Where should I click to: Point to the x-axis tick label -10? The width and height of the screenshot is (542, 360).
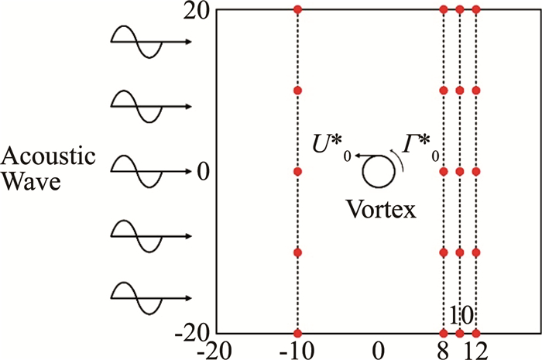tap(297, 350)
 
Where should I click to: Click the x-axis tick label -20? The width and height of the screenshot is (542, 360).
tap(216, 350)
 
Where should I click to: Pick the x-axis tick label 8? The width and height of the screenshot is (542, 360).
tap(443, 350)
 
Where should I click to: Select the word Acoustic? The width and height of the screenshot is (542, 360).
tap(48, 157)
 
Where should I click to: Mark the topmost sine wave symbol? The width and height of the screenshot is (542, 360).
tap(137, 41)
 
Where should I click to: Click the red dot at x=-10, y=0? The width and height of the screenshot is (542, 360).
tap(297, 171)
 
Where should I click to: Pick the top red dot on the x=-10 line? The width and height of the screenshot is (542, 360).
tap(297, 9)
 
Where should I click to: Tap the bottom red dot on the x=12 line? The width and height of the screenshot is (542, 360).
tap(475, 334)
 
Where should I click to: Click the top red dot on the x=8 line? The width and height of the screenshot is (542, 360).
tap(444, 9)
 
